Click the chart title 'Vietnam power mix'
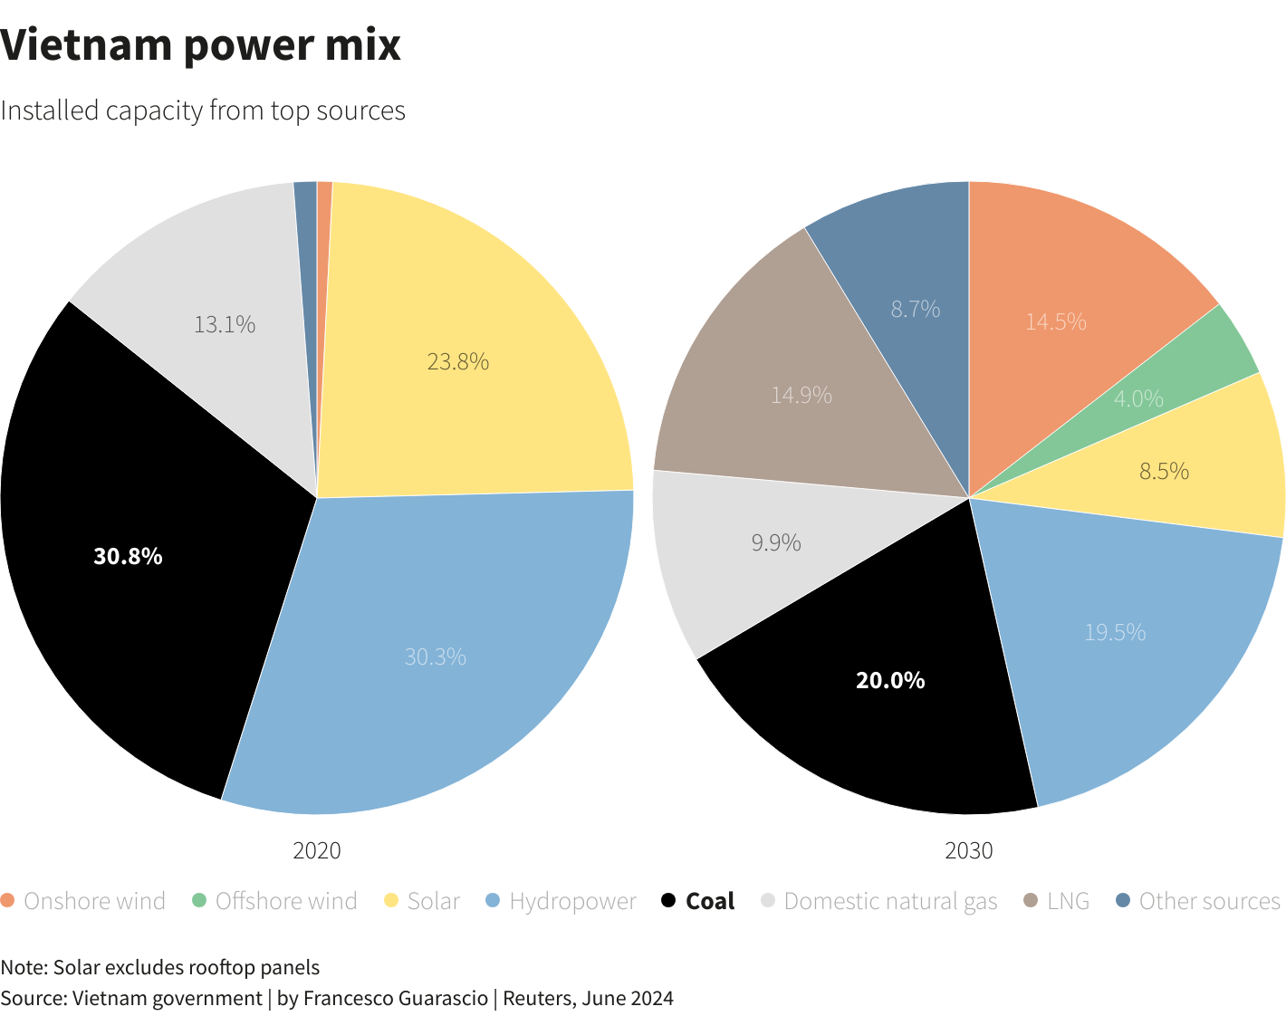pyautogui.click(x=200, y=45)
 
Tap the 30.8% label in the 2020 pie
pyautogui.click(x=128, y=556)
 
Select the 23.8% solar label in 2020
pyautogui.click(x=458, y=362)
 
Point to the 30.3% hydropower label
pyautogui.click(x=436, y=657)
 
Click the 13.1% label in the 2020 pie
pyautogui.click(x=225, y=324)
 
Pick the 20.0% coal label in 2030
pyautogui.click(x=890, y=680)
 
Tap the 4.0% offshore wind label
pyautogui.click(x=1138, y=398)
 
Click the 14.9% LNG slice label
pyautogui.click(x=801, y=395)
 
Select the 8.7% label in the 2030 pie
pyautogui.click(x=916, y=310)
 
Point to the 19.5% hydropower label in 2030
pyautogui.click(x=1115, y=632)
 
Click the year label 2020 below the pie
pyautogui.click(x=317, y=850)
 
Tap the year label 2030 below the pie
pyautogui.click(x=969, y=850)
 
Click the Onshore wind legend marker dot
pyautogui.click(x=8, y=901)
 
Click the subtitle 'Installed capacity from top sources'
pyautogui.click(x=203, y=110)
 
